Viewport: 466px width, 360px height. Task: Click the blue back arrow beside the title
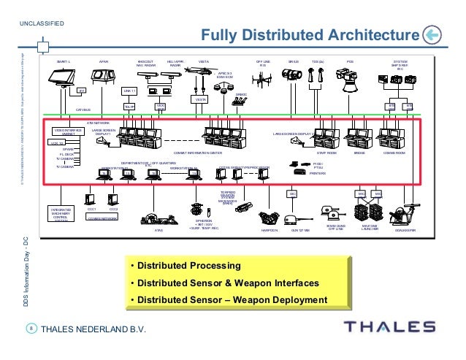[x=432, y=35]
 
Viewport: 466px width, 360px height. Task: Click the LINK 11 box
[x=129, y=91]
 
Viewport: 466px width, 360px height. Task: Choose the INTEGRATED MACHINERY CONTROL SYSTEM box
[x=61, y=213]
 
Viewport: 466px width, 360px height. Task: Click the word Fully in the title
[x=218, y=35]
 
